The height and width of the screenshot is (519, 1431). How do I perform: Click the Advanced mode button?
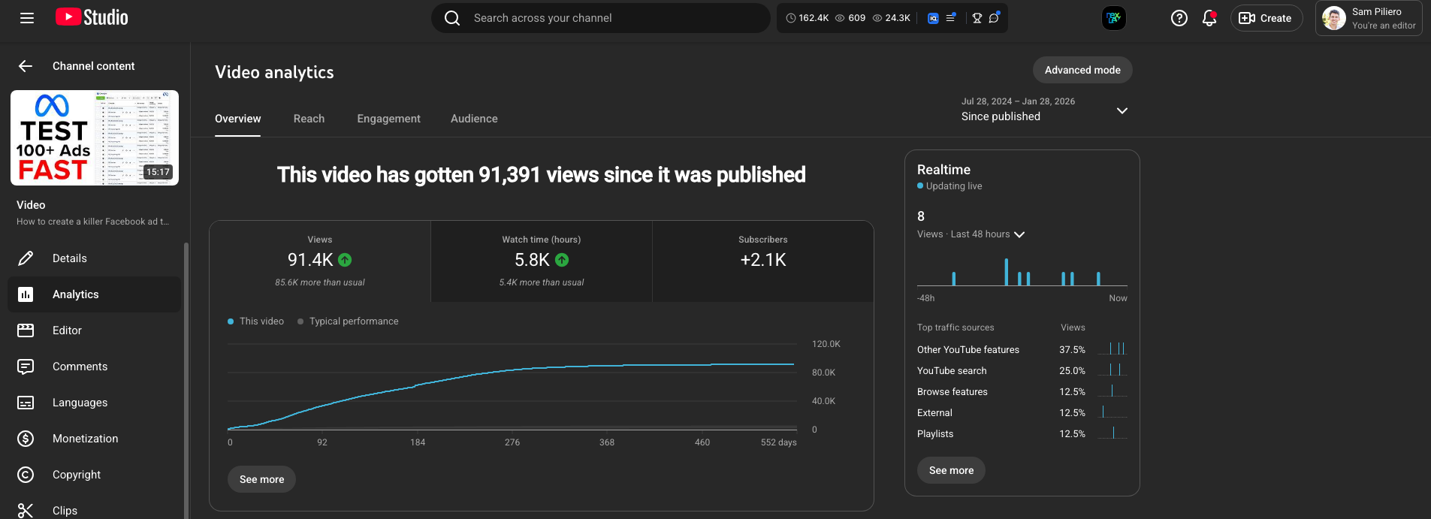coord(1082,70)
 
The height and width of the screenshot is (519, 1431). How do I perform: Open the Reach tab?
coord(309,119)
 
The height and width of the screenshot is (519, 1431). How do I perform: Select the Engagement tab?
coord(388,119)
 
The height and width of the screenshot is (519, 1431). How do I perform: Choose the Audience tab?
coord(474,119)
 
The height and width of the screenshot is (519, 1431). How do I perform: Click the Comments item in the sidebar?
coord(80,367)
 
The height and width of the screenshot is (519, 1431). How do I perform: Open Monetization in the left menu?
coord(85,439)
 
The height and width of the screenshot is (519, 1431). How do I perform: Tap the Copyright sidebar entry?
coord(77,475)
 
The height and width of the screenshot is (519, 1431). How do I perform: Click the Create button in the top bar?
coord(1266,18)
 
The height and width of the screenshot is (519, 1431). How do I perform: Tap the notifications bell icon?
coord(1209,18)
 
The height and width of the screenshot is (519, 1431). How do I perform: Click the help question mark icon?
coord(1179,18)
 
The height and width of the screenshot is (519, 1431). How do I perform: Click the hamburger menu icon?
coord(27,18)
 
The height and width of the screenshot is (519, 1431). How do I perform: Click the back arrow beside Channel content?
coord(26,66)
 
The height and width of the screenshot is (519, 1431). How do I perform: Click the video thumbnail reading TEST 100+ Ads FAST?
coord(95,137)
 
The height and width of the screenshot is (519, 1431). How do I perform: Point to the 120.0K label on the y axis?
coord(826,344)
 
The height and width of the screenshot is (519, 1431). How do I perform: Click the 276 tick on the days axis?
coord(512,442)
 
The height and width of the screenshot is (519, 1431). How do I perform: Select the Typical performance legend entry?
coord(353,321)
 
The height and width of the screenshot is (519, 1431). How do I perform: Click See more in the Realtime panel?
coord(951,470)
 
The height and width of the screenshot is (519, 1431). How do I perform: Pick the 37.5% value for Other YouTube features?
coord(1072,350)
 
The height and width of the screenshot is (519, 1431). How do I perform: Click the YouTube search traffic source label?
coord(952,371)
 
